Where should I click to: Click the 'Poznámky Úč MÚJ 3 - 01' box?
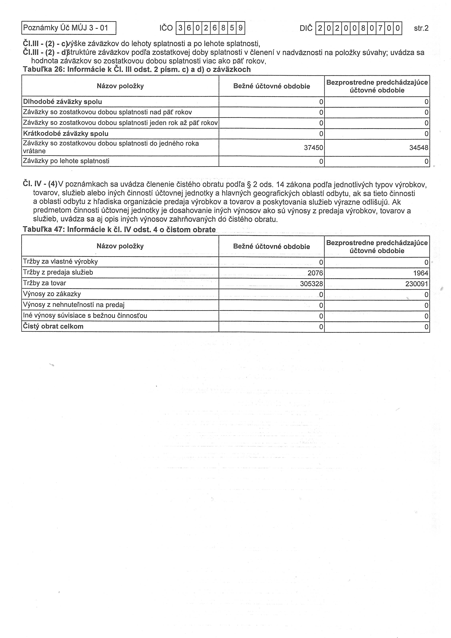coord(68,28)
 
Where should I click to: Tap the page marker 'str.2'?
coord(421,28)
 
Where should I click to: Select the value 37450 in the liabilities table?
coord(314,147)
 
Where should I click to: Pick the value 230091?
coord(417,284)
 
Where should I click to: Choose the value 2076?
coord(315,273)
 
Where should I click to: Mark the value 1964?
coord(420,273)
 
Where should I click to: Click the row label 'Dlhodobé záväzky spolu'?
coord(63,102)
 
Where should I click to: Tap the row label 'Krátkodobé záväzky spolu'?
coord(66,134)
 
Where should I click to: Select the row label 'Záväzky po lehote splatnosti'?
coord(66,161)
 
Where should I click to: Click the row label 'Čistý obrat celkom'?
coord(53,326)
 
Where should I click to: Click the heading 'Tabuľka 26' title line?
coord(137,69)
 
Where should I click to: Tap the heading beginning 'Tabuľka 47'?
coord(119,230)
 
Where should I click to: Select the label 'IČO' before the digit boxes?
coord(166,28)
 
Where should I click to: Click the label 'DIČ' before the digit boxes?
coord(306,28)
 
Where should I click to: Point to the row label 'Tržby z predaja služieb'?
coord(58,272)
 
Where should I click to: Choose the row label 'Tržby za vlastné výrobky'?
coord(60,262)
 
